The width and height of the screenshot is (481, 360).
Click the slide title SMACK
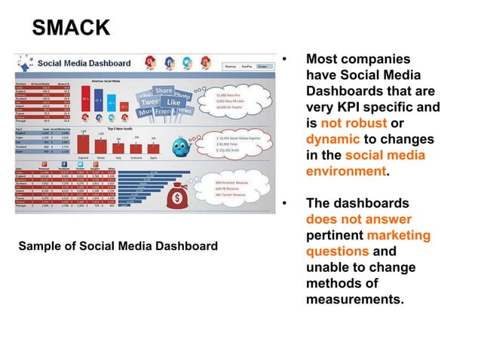click(x=71, y=28)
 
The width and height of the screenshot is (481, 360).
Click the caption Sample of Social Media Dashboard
click(x=117, y=246)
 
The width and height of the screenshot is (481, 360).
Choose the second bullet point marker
click(x=284, y=204)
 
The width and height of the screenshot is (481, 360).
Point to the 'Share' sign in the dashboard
click(x=164, y=92)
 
